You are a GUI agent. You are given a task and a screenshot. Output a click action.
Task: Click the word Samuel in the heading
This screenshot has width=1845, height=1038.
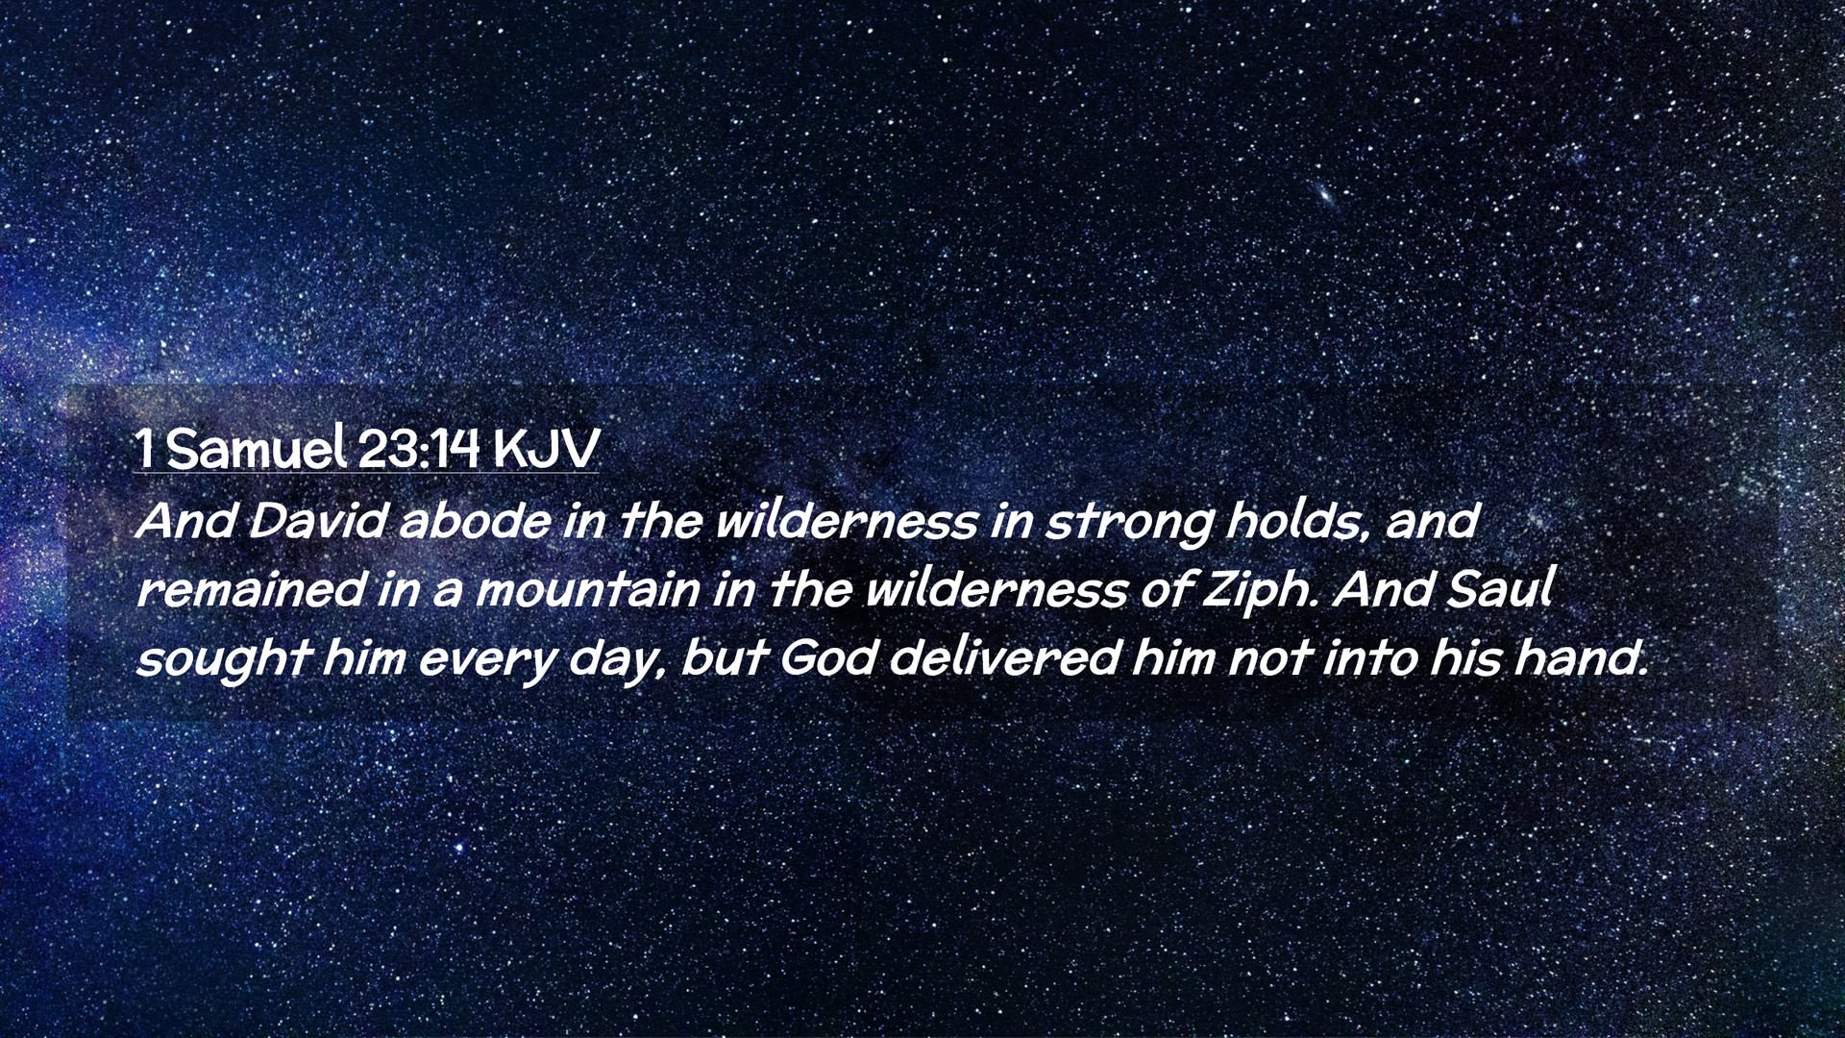coord(257,448)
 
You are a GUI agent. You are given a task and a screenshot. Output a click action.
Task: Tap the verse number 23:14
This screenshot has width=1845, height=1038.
coord(418,448)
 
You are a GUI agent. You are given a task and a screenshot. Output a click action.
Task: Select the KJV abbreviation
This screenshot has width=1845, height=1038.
coord(546,449)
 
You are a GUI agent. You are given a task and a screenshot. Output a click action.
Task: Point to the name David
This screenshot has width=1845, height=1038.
coord(319,521)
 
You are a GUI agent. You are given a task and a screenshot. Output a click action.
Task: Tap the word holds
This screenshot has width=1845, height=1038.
coord(1296,521)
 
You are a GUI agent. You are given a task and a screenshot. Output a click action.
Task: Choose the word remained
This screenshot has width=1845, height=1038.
coord(250,589)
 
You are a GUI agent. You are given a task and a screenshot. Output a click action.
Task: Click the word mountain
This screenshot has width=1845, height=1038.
coord(588,589)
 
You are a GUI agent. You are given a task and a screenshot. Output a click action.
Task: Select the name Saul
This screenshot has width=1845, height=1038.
coord(1499,588)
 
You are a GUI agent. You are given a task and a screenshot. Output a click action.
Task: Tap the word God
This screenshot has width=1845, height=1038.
coord(827,658)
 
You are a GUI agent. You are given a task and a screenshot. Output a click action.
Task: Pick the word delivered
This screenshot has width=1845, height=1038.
coord(1004,658)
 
